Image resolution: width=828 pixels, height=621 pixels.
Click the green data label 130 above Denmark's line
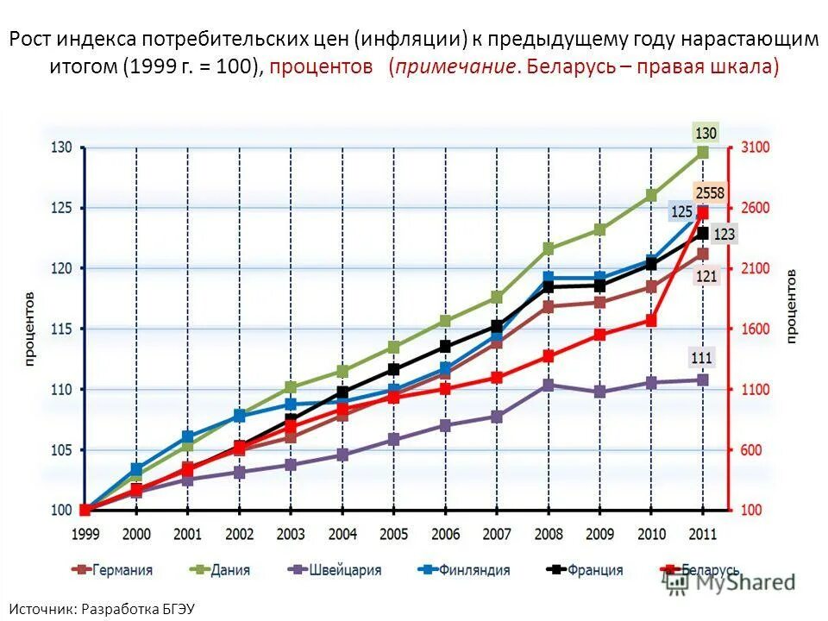706,133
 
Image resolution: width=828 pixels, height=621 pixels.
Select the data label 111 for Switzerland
702,358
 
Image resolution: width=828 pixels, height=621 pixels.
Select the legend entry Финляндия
463,570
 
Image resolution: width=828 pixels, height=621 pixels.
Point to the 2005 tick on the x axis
393,535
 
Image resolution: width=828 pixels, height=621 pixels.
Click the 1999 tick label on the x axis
85,535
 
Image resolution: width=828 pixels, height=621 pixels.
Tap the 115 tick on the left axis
61,329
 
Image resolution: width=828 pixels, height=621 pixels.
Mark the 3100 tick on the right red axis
756,148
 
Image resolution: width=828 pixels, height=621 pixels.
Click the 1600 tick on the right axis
756,329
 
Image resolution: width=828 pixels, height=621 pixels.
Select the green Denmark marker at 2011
703,152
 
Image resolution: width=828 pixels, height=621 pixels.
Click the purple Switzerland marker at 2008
549,385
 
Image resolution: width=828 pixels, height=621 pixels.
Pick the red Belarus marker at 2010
651,321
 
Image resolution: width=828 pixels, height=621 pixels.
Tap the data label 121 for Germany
707,276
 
